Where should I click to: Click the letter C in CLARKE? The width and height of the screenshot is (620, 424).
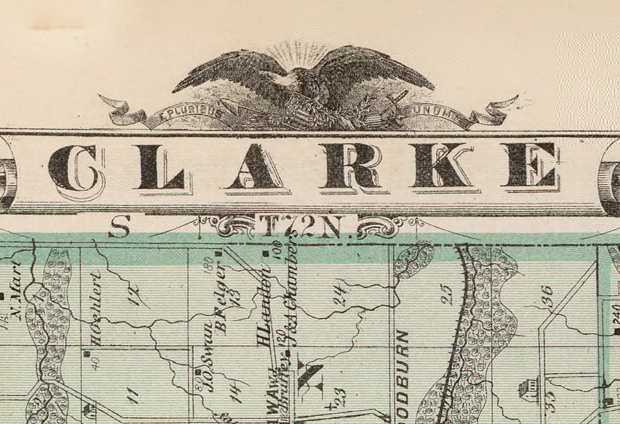76,169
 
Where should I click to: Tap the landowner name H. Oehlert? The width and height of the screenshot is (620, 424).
96,309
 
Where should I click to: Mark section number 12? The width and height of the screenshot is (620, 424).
135,295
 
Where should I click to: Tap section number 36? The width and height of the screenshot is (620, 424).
546,296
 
